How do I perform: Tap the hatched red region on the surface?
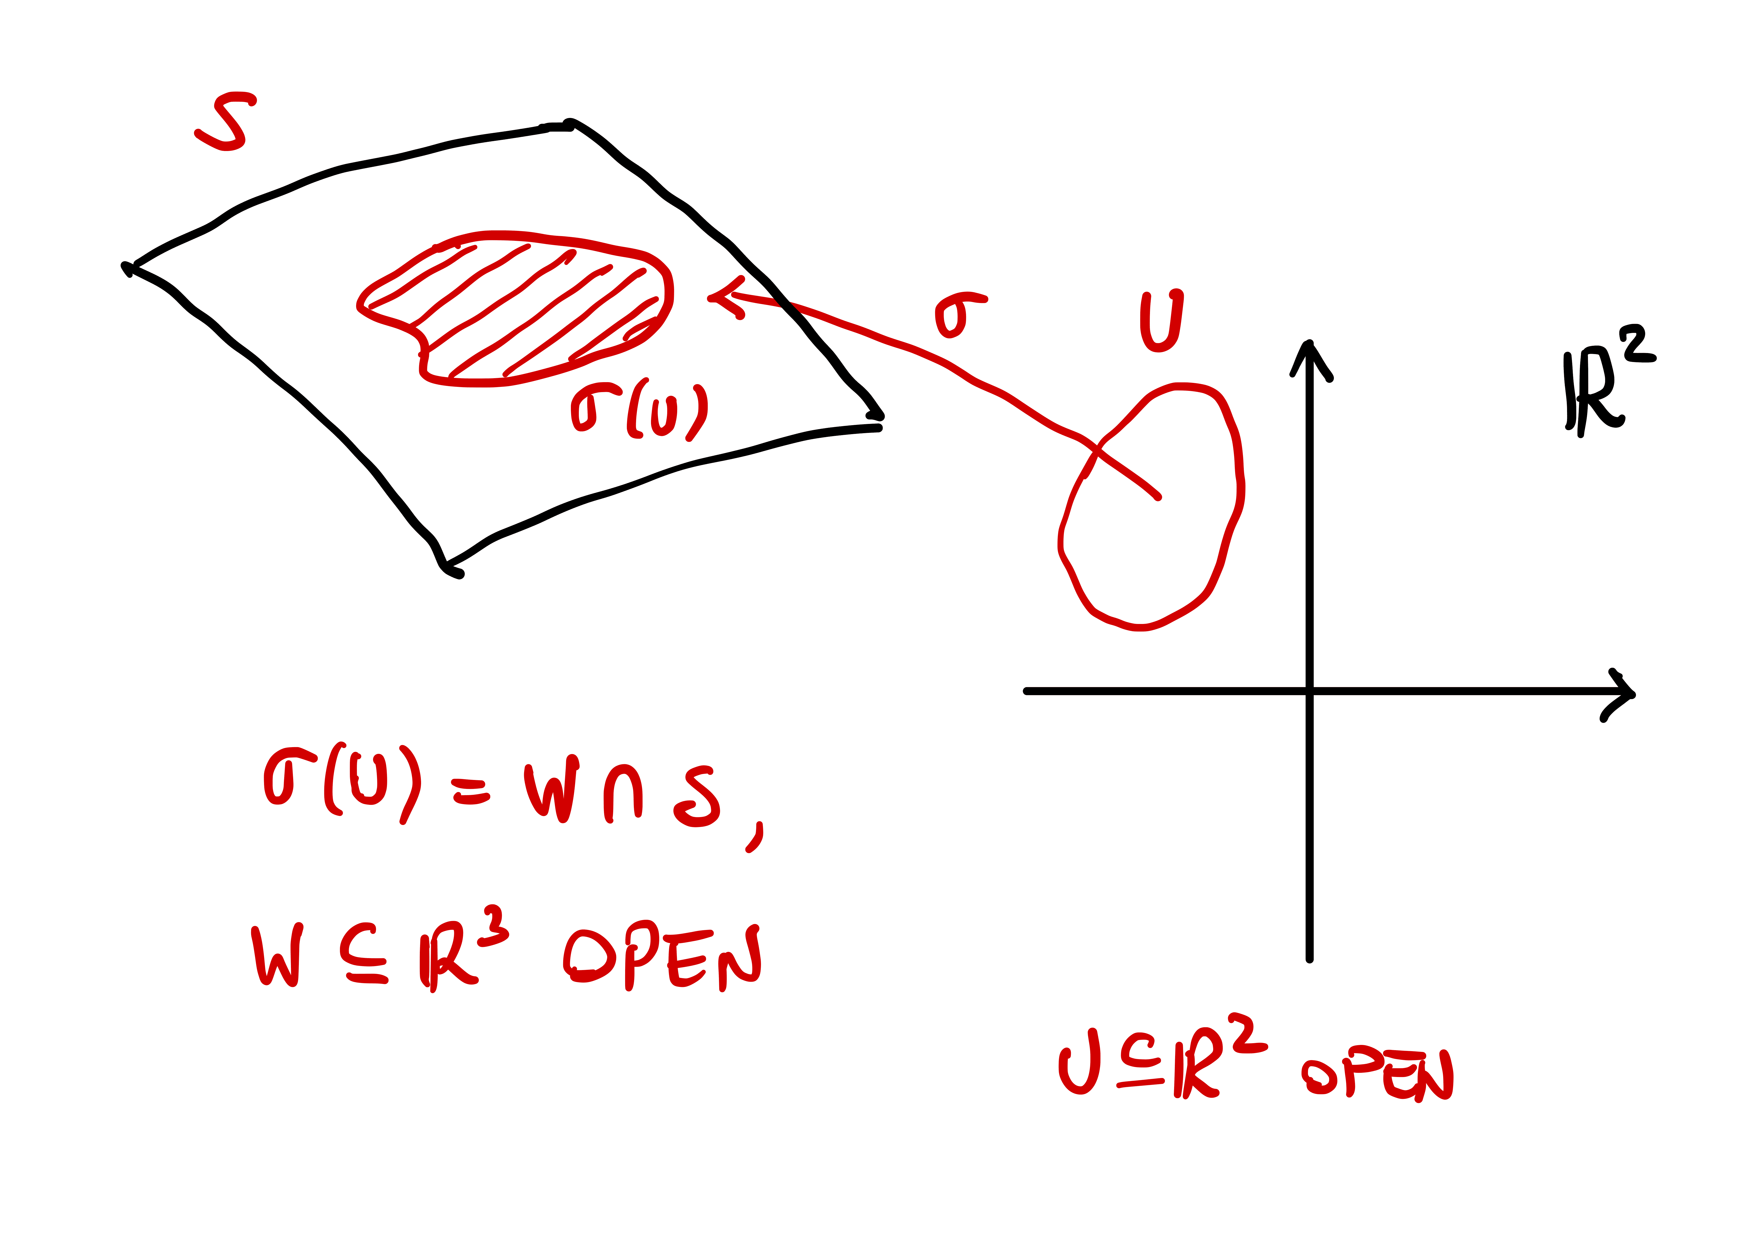tap(517, 308)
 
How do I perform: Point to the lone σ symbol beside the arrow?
tap(959, 314)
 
